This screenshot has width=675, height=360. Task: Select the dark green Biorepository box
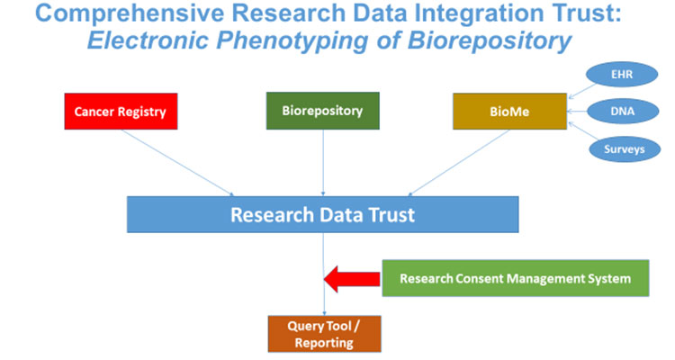[322, 111]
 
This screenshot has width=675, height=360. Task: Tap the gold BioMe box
[509, 112]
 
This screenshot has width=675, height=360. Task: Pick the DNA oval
[621, 112]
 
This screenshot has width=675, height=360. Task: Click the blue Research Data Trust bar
[322, 215]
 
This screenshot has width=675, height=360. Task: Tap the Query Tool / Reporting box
[322, 332]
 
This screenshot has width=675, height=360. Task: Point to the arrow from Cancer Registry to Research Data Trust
[180, 162]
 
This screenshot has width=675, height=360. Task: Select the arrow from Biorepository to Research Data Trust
[322, 162]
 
